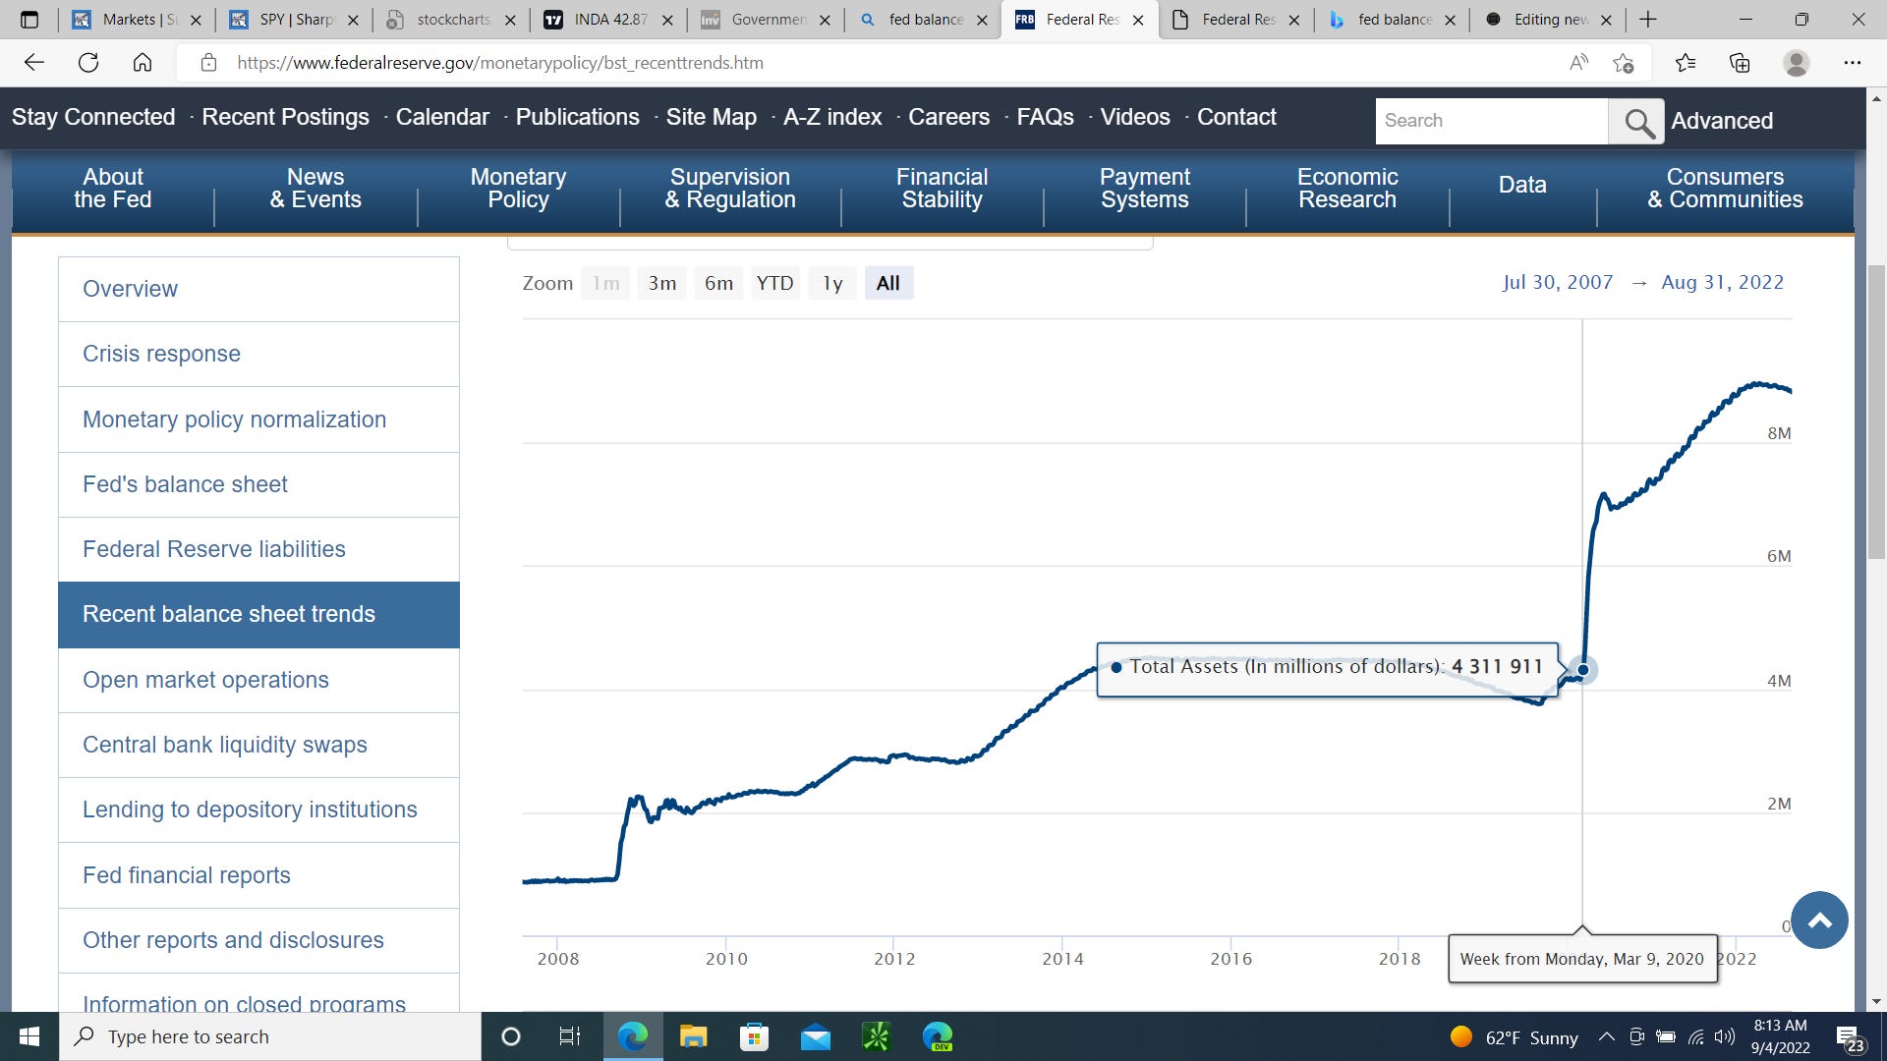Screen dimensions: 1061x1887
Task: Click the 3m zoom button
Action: click(662, 283)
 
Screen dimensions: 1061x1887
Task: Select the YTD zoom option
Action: click(774, 283)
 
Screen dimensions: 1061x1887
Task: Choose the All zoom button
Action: click(887, 283)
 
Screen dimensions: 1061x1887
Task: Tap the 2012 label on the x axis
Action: click(893, 959)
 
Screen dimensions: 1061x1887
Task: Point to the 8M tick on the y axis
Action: click(1778, 433)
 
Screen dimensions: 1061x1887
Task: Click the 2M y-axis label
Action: click(1778, 804)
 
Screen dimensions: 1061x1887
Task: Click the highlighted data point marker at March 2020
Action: click(1582, 670)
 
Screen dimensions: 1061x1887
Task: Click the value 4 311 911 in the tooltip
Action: click(1497, 666)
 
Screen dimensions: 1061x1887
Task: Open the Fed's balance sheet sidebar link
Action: click(185, 484)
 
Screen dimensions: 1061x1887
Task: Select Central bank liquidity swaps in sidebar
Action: click(224, 745)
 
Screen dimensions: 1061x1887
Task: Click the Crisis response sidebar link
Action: click(161, 354)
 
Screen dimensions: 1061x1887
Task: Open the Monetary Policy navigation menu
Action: click(518, 188)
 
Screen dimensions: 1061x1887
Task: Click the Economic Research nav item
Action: click(1346, 188)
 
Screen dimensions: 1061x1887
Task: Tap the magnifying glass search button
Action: click(1636, 122)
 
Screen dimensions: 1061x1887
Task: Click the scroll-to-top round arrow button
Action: click(1819, 921)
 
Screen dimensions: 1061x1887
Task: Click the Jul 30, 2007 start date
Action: click(1557, 282)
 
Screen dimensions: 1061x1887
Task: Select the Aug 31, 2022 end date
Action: click(1722, 282)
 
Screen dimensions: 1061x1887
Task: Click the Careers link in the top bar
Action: click(948, 117)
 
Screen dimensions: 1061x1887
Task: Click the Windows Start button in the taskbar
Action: click(29, 1036)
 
